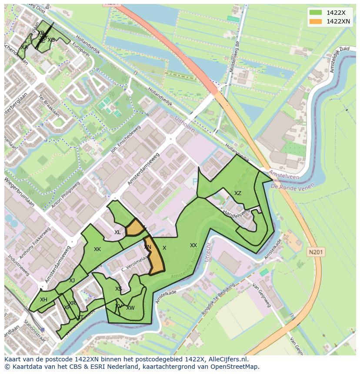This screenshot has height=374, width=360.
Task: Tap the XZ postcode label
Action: tap(238, 193)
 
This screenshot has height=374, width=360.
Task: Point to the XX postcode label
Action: tap(193, 245)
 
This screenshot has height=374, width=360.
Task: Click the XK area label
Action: tap(97, 249)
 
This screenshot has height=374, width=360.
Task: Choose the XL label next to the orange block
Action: tap(117, 232)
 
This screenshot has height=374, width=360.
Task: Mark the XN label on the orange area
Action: tap(148, 247)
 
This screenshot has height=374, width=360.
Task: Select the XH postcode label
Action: tap(43, 300)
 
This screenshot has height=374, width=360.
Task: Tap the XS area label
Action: tap(119, 289)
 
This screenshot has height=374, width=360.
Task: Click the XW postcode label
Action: tap(130, 308)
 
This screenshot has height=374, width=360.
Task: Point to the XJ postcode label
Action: tap(72, 281)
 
